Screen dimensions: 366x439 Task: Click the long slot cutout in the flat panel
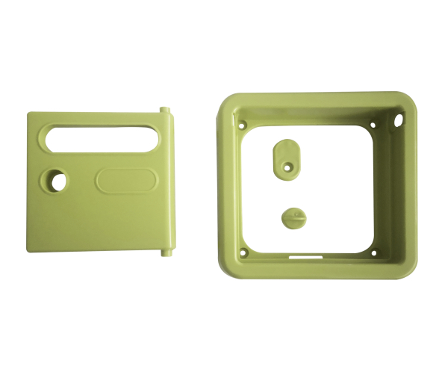click(102, 138)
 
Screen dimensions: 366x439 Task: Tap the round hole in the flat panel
click(55, 180)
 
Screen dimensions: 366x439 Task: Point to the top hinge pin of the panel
click(165, 111)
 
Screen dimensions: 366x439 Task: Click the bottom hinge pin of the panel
click(164, 252)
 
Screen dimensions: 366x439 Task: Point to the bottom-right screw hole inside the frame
click(375, 252)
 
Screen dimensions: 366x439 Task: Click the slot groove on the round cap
click(293, 217)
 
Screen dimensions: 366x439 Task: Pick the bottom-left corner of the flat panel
click(30, 249)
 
